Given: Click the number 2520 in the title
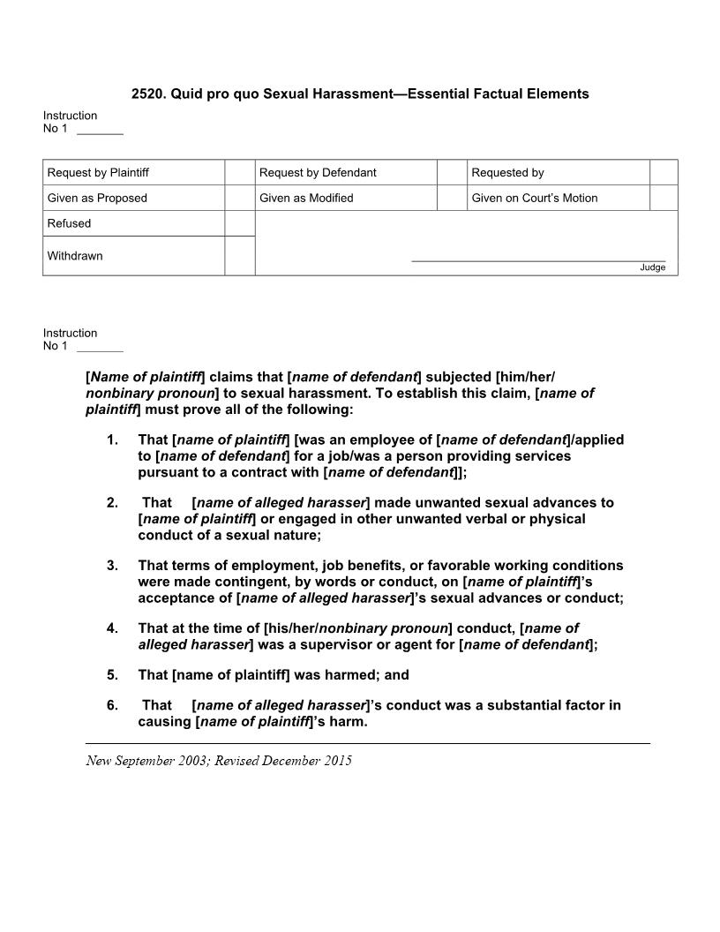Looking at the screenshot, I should pos(147,94).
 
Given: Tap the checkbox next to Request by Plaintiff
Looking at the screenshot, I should pos(240,172).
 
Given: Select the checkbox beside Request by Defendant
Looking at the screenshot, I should pos(452,172).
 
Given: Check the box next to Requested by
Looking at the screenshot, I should pos(664,172).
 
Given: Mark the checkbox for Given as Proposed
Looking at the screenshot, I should pos(240,198).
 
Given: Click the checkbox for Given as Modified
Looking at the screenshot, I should pos(452,198).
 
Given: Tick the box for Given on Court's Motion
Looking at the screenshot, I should pos(664,198).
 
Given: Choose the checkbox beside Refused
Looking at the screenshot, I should pos(240,223).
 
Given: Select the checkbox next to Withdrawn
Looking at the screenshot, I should pos(240,256).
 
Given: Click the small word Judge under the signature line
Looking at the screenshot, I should pos(653,267).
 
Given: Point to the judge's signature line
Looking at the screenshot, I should pos(538,260).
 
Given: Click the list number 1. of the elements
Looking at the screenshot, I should pos(112,440).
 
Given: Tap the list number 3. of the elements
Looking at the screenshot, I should pos(112,566).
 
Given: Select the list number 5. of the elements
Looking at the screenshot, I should pos(112,675).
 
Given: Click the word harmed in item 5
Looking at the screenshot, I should pos(348,675).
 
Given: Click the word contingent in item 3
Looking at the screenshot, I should pos(203,582).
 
